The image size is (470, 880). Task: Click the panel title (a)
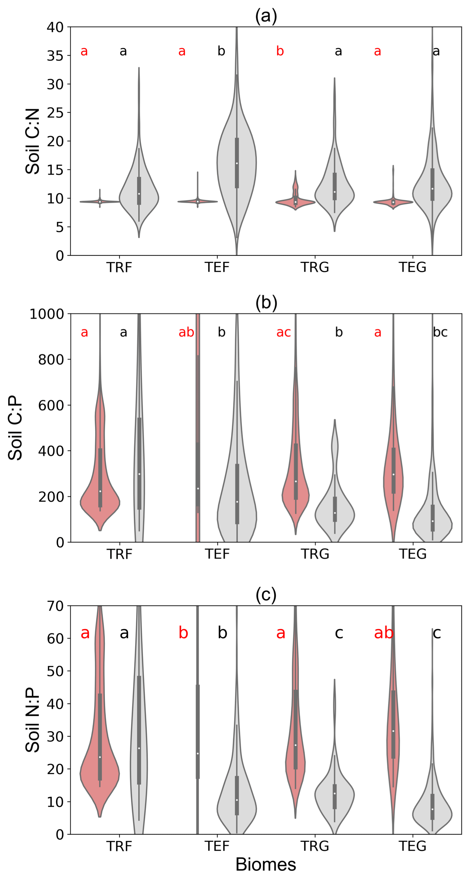266,16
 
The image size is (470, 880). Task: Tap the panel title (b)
266,303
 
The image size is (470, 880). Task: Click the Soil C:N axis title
33,141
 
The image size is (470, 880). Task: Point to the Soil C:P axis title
15,428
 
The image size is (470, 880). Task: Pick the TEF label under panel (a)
217,267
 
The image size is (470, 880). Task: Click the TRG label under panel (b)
315,554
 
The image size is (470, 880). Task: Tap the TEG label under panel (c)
412,846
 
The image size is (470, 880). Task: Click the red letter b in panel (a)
280,51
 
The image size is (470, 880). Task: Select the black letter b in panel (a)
221,51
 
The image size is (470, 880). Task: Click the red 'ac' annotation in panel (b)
283,332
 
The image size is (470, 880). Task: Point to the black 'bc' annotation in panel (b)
440,332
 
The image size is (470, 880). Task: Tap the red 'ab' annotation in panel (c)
384,633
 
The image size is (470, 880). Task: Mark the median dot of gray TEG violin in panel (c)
433,809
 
